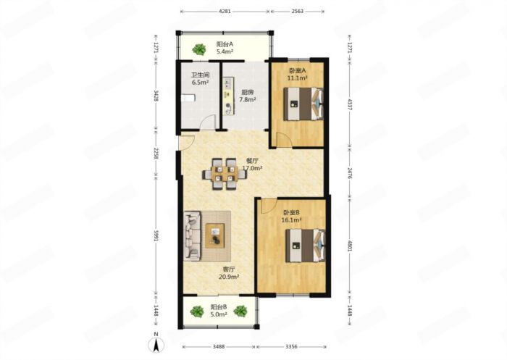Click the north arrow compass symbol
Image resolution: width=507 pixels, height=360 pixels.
[x=156, y=345]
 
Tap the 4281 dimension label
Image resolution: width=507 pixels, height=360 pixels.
[x=225, y=12]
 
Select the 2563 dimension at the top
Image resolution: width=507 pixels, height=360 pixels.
[x=298, y=12]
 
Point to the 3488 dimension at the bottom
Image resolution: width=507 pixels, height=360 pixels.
[x=219, y=347]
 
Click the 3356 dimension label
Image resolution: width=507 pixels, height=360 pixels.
[x=291, y=347]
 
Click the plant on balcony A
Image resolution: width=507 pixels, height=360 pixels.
[x=199, y=49]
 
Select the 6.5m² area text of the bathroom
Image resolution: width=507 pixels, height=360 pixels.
[x=200, y=82]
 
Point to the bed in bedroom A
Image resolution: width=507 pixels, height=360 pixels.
[x=303, y=104]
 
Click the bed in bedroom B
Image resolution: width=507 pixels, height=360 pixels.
[x=305, y=246]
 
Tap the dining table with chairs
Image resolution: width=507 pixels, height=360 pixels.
[x=224, y=174]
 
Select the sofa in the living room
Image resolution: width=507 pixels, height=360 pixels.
[x=193, y=236]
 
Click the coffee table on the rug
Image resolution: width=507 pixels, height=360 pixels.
[x=215, y=236]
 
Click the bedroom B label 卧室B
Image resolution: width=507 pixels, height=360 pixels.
[x=292, y=212]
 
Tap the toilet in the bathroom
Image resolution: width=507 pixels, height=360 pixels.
[x=188, y=98]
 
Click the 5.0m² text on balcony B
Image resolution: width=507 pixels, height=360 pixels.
[x=219, y=314]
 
